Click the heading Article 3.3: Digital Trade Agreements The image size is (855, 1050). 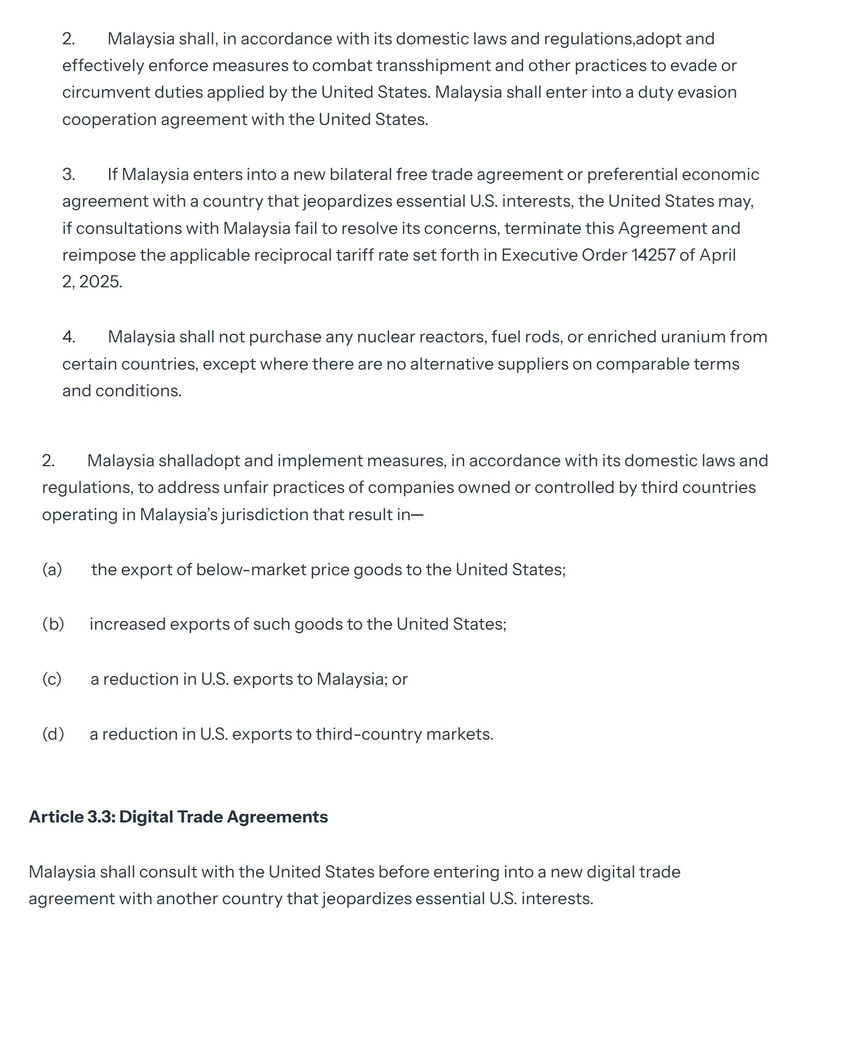pyautogui.click(x=178, y=817)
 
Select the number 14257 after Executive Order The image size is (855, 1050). pyautogui.click(x=653, y=255)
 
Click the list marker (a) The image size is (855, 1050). pyautogui.click(x=52, y=569)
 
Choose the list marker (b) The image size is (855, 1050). pyautogui.click(x=53, y=624)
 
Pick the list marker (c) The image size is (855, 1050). pyautogui.click(x=52, y=679)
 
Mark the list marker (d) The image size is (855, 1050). pyautogui.click(x=53, y=734)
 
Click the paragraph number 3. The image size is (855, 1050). pyautogui.click(x=68, y=174)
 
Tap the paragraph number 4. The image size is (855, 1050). pyautogui.click(x=68, y=336)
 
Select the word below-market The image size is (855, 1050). pyautogui.click(x=251, y=569)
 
